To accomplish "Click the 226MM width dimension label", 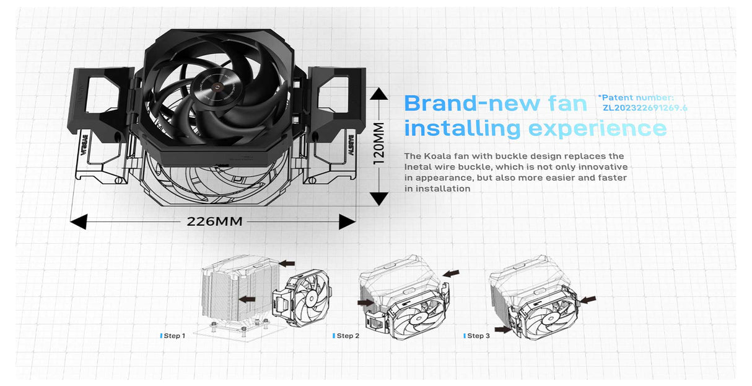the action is pos(214,222).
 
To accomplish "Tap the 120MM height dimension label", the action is pos(378,143).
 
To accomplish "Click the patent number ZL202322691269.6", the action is pos(645,108).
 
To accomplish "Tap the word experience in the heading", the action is pos(598,129).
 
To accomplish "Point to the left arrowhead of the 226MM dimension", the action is pos(79,222).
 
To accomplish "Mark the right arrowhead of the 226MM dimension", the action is pos(347,222).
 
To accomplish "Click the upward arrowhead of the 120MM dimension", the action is pos(378,94).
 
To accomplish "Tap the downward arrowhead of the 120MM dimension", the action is pos(378,199).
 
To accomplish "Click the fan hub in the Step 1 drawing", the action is pos(313,298).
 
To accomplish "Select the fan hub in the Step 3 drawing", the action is pos(550,318).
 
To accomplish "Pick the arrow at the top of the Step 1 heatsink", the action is pos(287,264).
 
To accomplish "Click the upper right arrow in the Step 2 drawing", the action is pos(451,273).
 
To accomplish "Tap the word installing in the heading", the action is pos(463,129).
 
